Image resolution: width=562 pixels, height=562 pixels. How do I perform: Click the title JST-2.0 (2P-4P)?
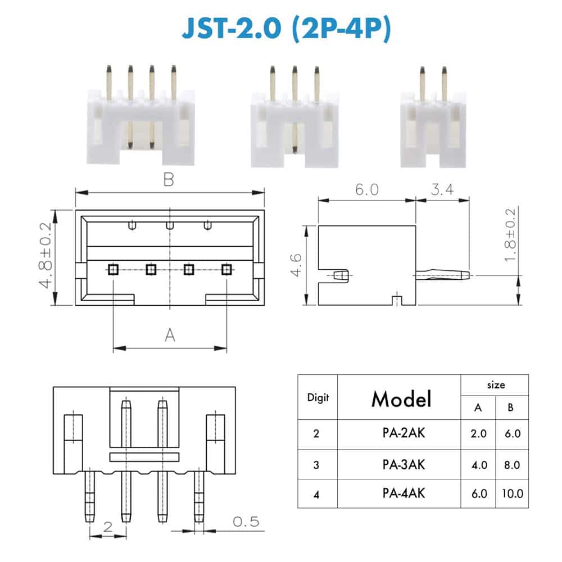click(x=286, y=28)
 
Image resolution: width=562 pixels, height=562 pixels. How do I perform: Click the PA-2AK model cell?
click(x=404, y=433)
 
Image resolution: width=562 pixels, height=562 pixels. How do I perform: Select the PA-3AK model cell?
click(x=404, y=465)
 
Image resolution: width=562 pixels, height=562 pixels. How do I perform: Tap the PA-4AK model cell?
click(x=404, y=493)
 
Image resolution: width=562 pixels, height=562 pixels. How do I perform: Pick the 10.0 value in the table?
click(x=513, y=493)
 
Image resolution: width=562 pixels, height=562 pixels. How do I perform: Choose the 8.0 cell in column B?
click(x=512, y=465)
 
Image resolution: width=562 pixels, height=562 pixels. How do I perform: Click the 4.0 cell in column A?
click(x=479, y=465)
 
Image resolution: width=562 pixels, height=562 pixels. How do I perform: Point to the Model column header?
click(x=401, y=399)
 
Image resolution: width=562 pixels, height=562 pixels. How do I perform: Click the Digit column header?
click(x=318, y=397)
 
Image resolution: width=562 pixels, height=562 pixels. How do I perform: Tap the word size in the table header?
click(x=496, y=386)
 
